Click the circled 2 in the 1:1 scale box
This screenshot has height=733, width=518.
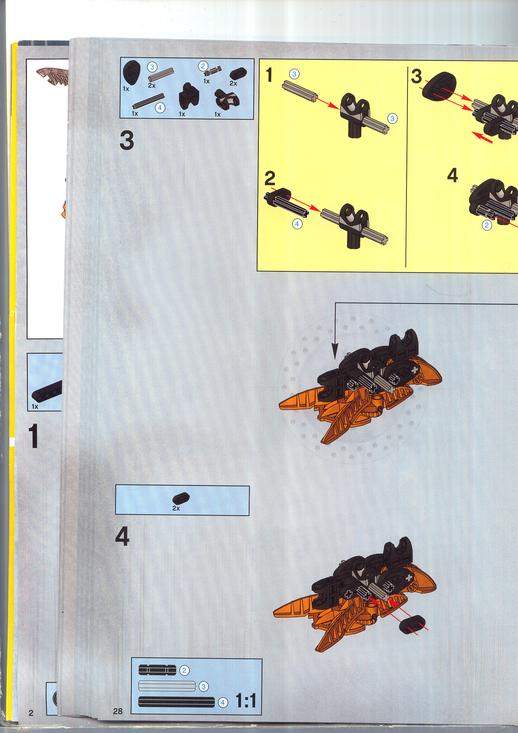coord(184,670)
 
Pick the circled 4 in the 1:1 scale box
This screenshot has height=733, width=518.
coord(223,702)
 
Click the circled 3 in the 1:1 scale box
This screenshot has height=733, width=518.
coord(203,686)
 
